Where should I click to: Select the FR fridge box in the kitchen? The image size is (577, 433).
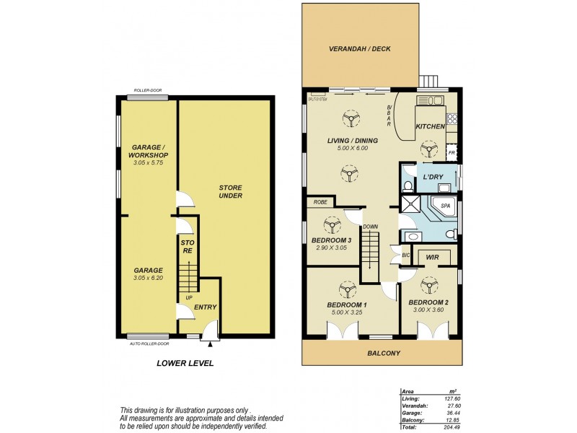point(452,153)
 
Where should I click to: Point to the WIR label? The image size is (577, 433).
point(433,256)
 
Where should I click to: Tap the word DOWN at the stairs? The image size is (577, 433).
point(371,226)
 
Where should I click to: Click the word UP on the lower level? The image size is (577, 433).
point(190,297)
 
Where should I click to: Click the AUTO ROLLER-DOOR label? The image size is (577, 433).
point(149,344)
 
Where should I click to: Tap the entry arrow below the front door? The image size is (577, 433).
point(210,344)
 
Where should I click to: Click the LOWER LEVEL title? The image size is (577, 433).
point(185,363)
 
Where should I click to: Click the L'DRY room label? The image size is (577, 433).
point(433,176)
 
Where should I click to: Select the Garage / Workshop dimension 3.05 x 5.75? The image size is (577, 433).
point(148,163)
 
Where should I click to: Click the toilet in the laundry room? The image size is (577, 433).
point(408,186)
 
